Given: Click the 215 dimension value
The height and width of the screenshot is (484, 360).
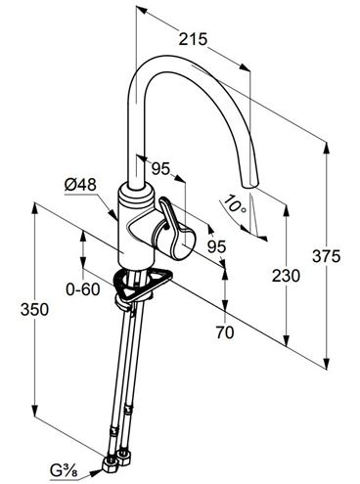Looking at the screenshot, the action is pos(193,39).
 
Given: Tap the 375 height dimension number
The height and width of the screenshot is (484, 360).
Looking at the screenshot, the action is pos(326,256).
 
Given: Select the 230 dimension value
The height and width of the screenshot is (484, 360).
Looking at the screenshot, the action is pos(286,276).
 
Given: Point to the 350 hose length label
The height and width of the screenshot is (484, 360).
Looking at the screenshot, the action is pos(34,309).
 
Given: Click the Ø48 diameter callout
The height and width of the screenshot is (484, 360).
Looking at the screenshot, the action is pos(80,185).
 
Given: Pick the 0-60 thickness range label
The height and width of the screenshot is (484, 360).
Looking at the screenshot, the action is pos(83,289).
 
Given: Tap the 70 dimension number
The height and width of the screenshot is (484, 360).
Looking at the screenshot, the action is pos(225,332).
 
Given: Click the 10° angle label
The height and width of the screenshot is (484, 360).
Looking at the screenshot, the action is pos(236,204).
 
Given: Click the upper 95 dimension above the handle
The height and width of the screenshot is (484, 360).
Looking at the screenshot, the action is pos(161,168).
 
